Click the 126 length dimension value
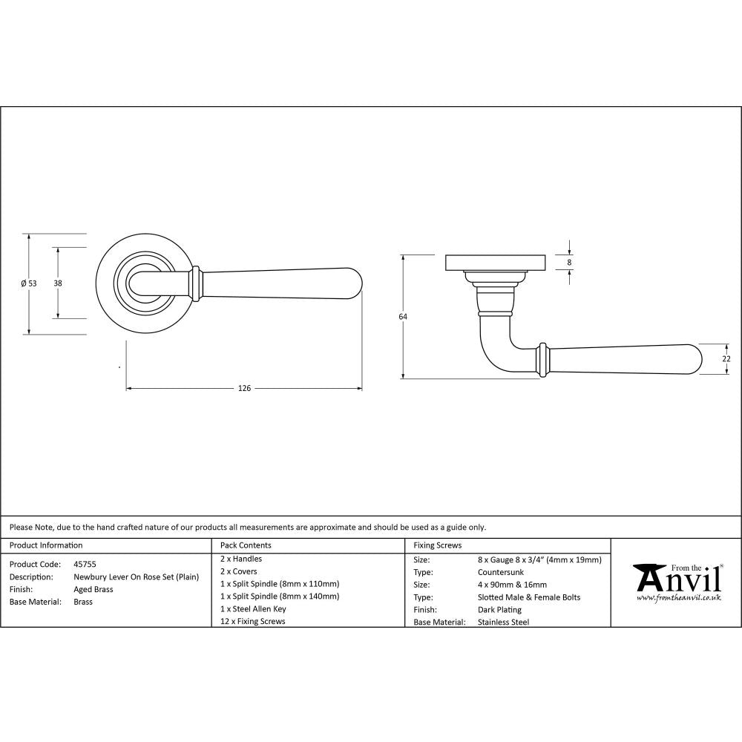[x=244, y=388]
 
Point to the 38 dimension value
[x=57, y=283]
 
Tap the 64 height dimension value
[x=403, y=317]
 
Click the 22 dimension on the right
[x=726, y=358]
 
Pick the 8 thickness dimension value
[x=569, y=262]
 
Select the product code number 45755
[x=85, y=564]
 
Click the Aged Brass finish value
[x=93, y=589]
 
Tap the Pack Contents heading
[x=246, y=545]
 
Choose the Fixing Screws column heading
[x=438, y=545]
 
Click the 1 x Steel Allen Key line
[x=253, y=608]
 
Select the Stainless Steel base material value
[x=504, y=623]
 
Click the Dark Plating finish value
[x=500, y=610]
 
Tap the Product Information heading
[x=46, y=545]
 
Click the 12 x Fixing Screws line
[x=252, y=621]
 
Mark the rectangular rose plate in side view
[x=495, y=263]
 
